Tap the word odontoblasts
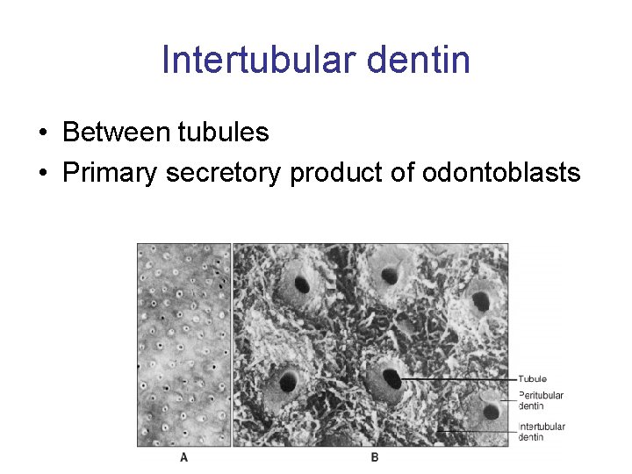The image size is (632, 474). [501, 173]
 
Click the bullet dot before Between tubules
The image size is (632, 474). [43, 133]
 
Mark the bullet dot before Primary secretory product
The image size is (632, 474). [43, 174]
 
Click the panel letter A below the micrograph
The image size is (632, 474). [183, 456]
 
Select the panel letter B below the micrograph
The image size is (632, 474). [375, 456]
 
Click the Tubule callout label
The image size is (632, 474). [532, 379]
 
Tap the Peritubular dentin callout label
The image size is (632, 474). [540, 400]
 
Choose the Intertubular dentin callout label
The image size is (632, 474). [541, 432]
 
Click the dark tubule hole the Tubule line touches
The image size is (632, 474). [391, 379]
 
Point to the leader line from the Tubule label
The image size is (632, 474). [456, 379]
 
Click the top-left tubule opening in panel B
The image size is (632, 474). [302, 284]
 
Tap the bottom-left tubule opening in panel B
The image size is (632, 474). [287, 382]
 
